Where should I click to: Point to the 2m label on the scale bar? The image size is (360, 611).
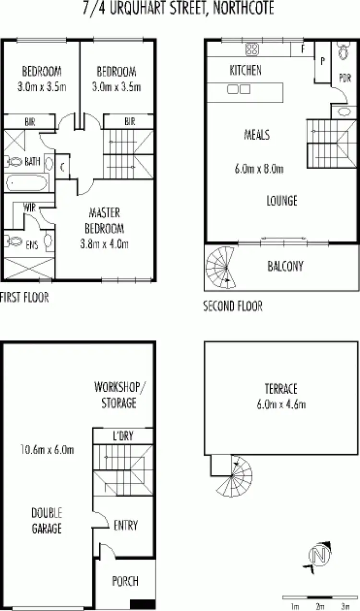coord(320,605)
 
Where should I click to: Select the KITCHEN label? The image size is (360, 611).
coord(246,71)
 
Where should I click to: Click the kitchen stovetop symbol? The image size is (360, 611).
coord(252,48)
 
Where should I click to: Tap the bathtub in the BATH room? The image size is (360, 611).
coord(26,183)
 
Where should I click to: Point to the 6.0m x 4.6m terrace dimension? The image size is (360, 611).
coord(281,404)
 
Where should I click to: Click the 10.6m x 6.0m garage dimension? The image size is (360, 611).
coord(47,450)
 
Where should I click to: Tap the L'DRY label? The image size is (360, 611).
coord(123,436)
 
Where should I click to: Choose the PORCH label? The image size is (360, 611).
coord(125,581)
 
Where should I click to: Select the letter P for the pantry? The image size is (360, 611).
coord(323,61)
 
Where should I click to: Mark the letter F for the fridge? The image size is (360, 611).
coord(303,49)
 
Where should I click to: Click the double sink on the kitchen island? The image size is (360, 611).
coord(239,89)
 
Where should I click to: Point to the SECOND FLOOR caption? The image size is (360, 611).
coord(233,306)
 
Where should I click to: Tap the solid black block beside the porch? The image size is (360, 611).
coord(143,605)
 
